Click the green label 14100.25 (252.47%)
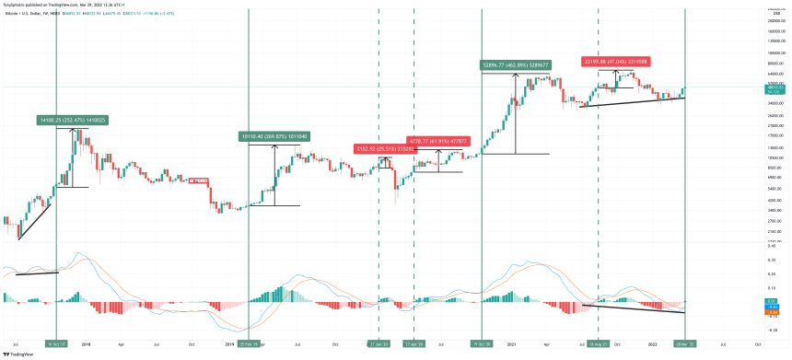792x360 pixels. pos(71,120)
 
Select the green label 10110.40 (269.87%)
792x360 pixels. pos(273,136)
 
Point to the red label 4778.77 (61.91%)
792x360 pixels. pos(437,142)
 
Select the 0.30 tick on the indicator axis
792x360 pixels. pos(772,260)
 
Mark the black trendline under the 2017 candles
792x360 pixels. pos(34,221)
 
